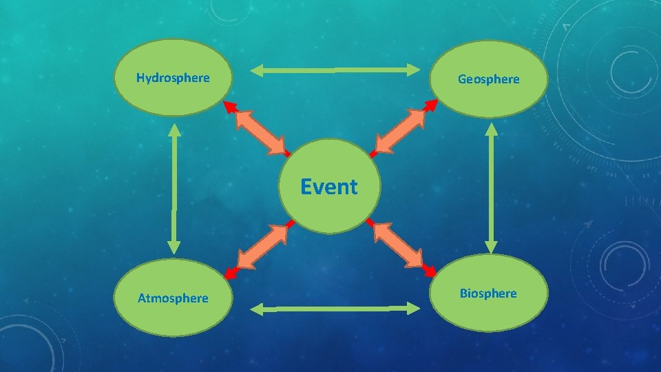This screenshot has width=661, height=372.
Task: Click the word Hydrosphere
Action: click(x=173, y=78)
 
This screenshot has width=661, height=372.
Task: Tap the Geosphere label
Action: click(x=489, y=79)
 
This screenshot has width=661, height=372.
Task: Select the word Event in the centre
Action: click(x=329, y=187)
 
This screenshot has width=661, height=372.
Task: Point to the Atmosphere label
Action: click(x=173, y=298)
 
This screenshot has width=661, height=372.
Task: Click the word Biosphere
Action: click(x=489, y=293)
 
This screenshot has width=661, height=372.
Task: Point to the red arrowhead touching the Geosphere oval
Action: click(x=432, y=105)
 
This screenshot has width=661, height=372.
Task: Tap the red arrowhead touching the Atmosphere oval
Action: click(x=230, y=273)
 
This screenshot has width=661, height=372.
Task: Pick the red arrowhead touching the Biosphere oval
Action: click(x=430, y=271)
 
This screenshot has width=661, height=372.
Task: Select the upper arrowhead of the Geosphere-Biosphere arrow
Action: click(x=491, y=130)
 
